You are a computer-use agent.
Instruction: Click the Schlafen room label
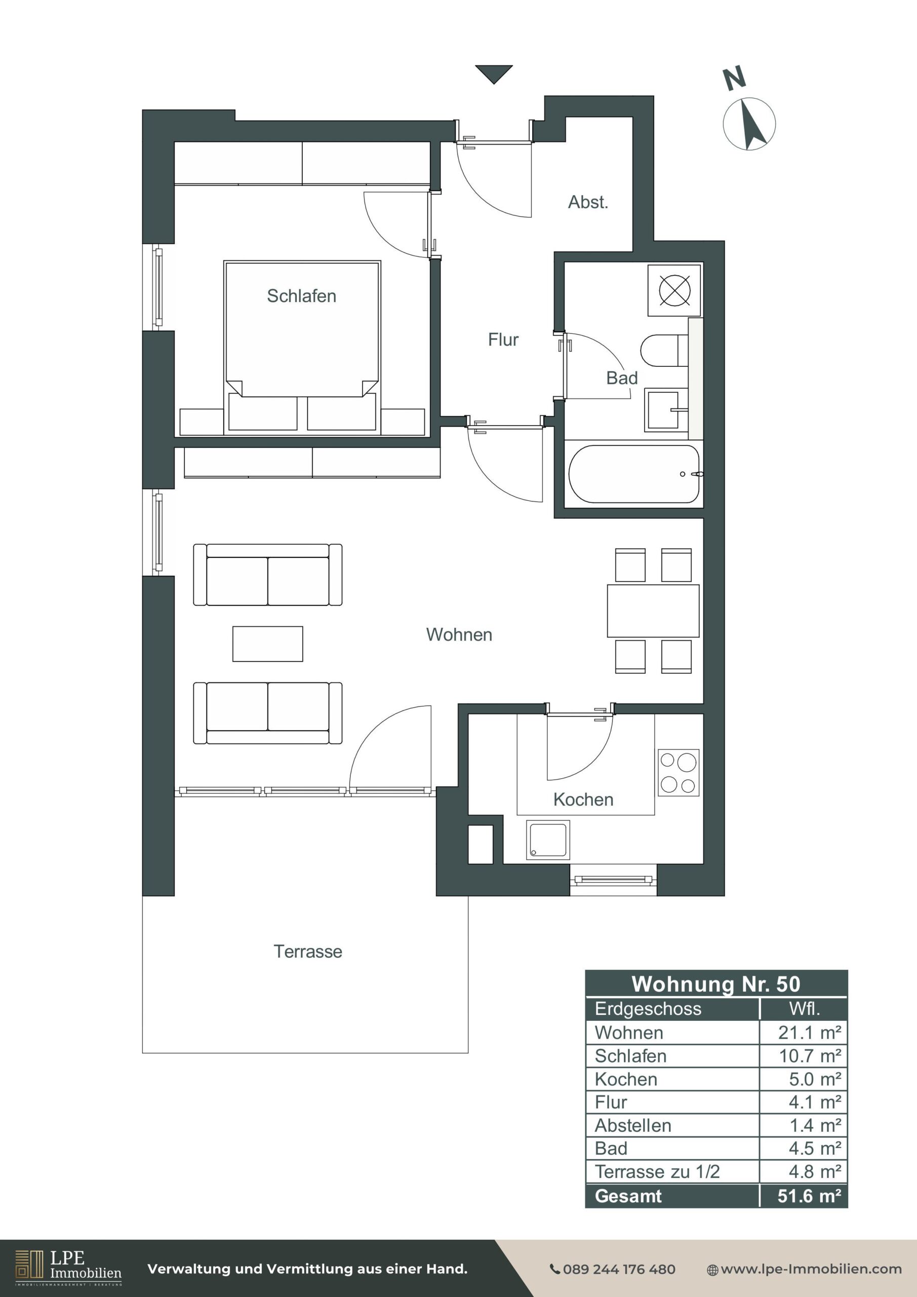pos(301,296)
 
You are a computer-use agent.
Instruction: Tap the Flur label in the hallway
pos(503,339)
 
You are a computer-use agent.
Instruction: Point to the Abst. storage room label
pos(588,202)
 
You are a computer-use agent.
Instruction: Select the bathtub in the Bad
pos(634,474)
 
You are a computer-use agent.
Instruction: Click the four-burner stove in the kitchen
pos(678,773)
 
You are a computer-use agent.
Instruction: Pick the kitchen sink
pos(548,840)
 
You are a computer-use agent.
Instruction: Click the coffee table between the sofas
pos(268,643)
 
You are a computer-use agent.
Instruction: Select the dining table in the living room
pos(653,611)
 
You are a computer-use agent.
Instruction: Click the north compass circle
pos(749,124)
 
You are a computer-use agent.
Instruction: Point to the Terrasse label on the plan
pos(308,951)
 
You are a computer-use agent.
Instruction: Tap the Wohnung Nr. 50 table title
pos(716,983)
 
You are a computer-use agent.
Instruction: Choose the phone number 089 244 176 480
pos(613,1269)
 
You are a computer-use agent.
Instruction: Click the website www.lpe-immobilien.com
pos(805,1269)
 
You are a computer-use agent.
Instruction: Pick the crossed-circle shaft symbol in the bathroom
pos(675,290)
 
